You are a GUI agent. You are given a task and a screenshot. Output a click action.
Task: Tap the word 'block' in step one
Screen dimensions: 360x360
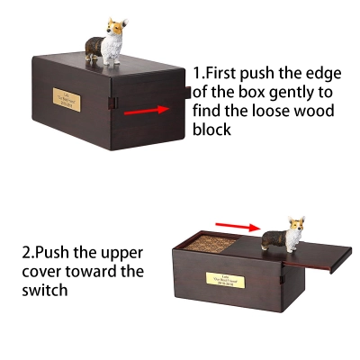tap(212, 130)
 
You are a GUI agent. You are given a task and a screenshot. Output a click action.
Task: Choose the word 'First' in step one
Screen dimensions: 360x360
tap(229, 72)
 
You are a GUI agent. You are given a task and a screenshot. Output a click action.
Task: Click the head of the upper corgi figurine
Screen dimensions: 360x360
tap(115, 23)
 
